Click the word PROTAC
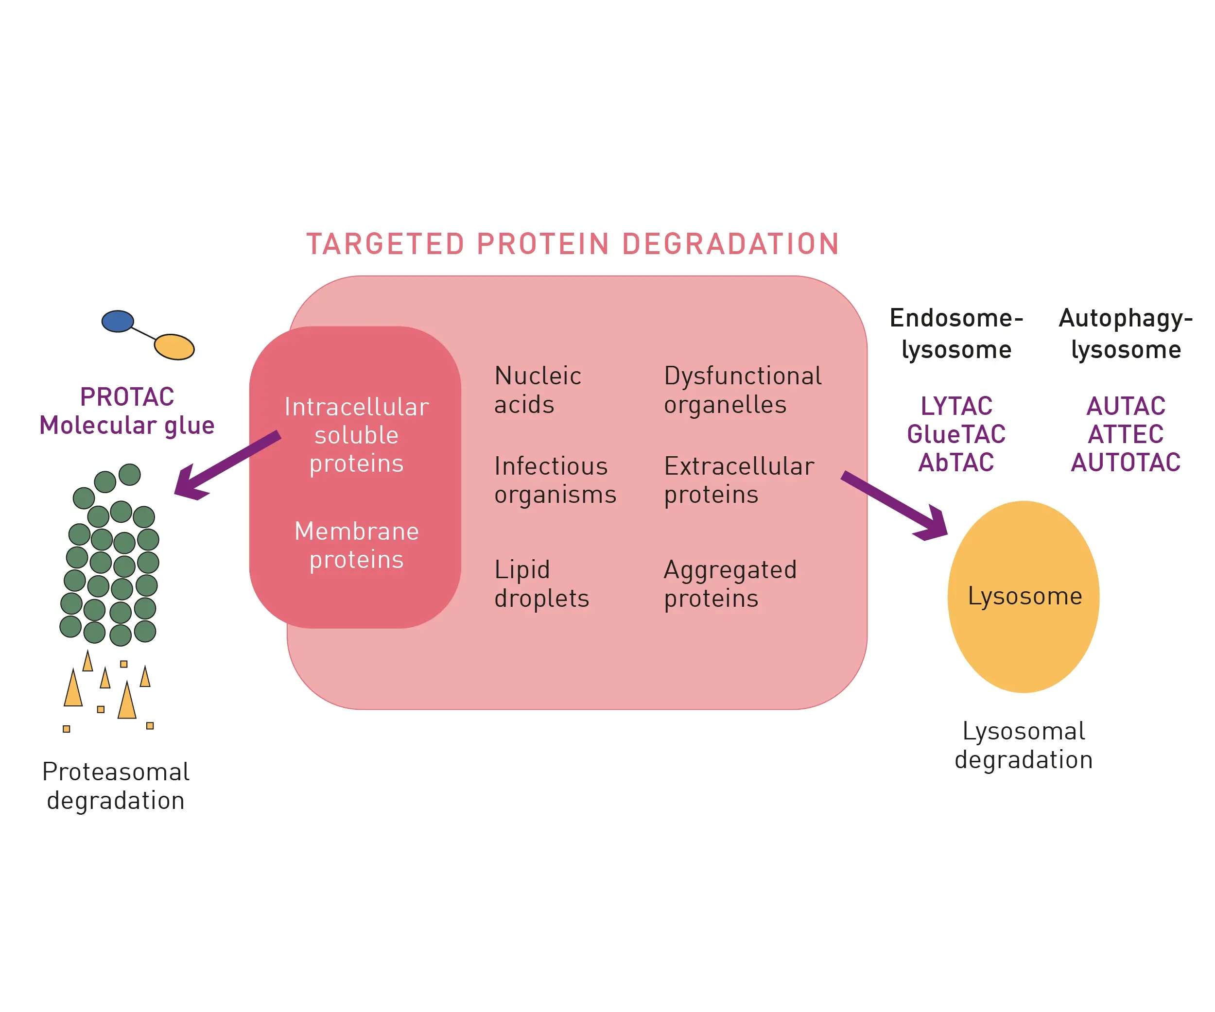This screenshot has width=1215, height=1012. coord(127,397)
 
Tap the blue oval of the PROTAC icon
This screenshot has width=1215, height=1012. coord(118,322)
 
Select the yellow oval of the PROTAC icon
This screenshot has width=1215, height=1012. coord(174,347)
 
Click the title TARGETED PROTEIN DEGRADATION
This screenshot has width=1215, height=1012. coord(573,244)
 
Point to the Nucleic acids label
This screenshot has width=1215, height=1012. coord(538,390)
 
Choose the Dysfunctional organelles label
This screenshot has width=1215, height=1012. coord(742,390)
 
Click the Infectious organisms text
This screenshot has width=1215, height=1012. coord(555,480)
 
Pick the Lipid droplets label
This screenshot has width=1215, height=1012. coord(541,584)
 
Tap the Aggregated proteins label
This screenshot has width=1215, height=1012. coord(730,584)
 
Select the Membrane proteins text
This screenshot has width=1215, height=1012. coord(356,545)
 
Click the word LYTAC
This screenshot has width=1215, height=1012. coord(956,406)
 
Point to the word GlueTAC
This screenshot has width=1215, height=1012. coord(956,434)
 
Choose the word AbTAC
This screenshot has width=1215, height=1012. coord(956,463)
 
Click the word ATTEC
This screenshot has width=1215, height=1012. coord(1125,434)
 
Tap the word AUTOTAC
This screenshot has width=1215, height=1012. coord(1125,463)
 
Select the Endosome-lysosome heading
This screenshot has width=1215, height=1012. coord(956,334)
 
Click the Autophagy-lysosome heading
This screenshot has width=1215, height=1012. coord(1125,334)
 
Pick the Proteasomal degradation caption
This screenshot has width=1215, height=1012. coord(116,787)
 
